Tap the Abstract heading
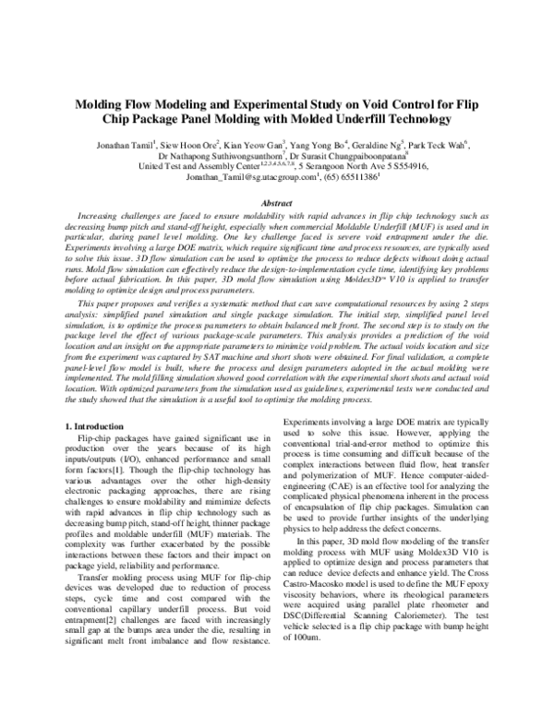277,202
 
